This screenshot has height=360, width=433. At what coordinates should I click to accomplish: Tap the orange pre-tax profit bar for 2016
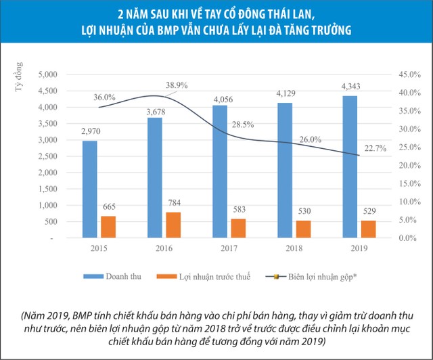click(x=173, y=225)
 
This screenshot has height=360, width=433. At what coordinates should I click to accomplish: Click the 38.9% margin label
click(x=176, y=85)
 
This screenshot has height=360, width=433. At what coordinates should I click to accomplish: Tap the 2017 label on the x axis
click(x=229, y=248)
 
